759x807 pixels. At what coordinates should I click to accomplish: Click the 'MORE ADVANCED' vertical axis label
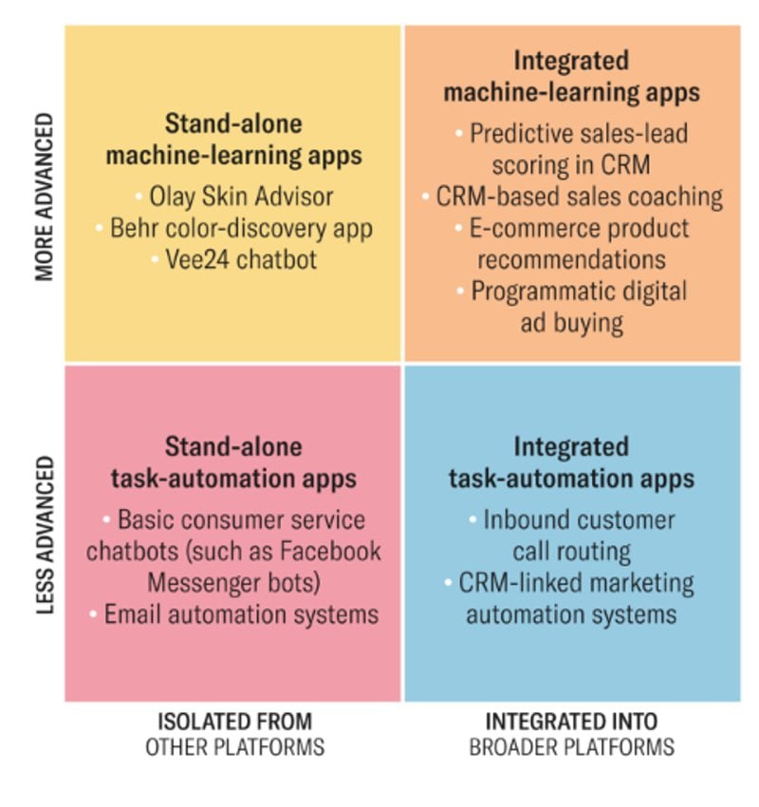click(44, 198)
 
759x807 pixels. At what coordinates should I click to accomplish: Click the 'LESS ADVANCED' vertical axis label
click(44, 535)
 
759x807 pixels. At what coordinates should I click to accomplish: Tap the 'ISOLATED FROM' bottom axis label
click(234, 721)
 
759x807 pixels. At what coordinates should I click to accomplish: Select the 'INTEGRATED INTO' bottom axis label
click(571, 721)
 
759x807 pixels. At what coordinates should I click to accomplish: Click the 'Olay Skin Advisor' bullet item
click(241, 197)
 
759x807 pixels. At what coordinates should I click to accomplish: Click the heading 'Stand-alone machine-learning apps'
click(233, 140)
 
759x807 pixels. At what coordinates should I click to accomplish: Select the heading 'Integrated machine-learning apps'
click(571, 76)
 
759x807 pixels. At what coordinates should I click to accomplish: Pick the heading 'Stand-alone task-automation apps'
click(233, 462)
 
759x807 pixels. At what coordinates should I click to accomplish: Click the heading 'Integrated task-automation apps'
click(571, 462)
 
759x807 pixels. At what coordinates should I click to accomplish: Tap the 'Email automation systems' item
click(241, 613)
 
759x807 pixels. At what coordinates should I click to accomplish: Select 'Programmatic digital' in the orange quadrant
click(579, 291)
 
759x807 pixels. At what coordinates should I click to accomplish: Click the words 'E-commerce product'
click(579, 229)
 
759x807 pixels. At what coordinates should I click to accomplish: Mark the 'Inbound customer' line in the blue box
click(579, 519)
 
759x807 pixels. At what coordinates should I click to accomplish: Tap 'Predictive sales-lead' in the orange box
click(579, 133)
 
